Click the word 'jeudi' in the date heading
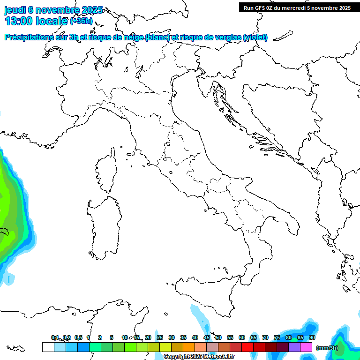(x=15, y=10)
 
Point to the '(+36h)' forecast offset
(x=81, y=21)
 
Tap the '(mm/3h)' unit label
(x=327, y=347)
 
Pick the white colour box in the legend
(x=48, y=347)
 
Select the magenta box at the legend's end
(x=306, y=347)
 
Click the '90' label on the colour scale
(x=312, y=337)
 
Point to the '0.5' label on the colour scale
(x=78, y=337)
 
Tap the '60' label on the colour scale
(x=242, y=337)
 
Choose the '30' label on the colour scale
(x=172, y=337)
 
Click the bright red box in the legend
(x=247, y=347)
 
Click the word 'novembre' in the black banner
(x=326, y=7)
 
